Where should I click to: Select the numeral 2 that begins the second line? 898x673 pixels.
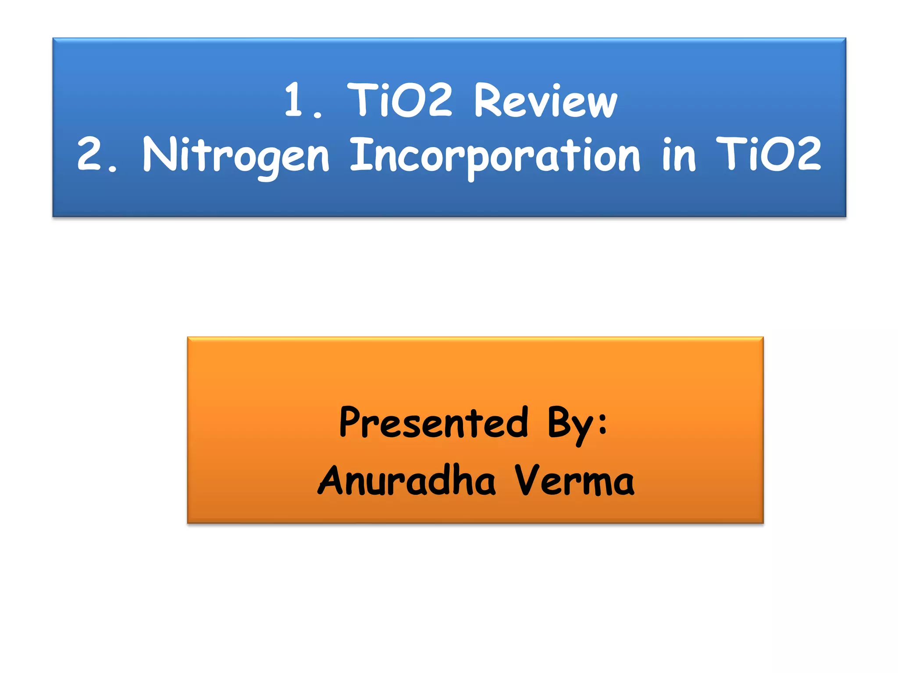tap(89, 153)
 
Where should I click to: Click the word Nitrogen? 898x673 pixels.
tap(235, 156)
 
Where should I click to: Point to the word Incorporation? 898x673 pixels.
tap(495, 156)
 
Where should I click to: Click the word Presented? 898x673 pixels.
tap(434, 422)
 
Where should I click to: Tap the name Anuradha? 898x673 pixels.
tap(406, 481)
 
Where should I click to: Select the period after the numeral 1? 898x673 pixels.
tap(318, 115)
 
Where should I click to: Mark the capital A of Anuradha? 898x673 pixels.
tap(333, 480)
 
